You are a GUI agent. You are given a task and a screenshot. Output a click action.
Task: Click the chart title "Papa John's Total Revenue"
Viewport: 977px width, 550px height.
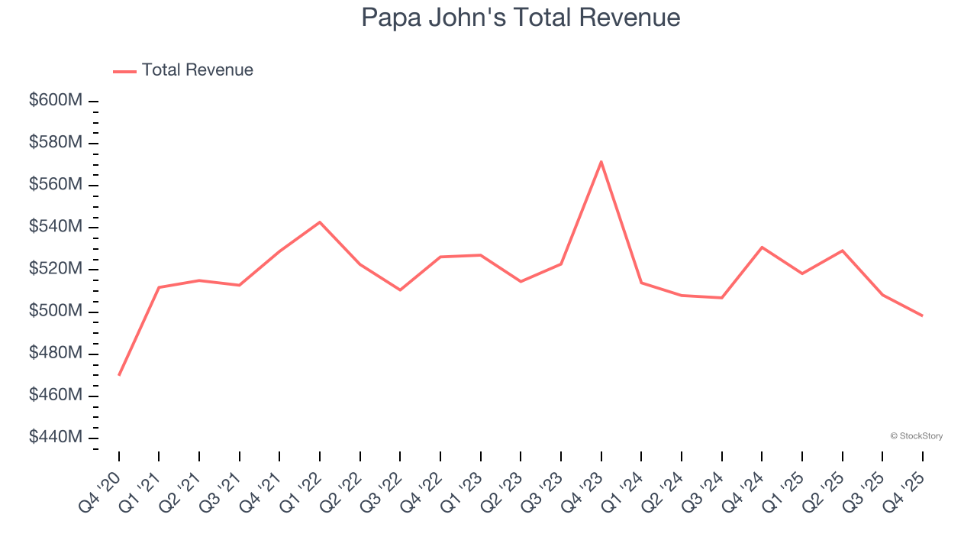(521, 17)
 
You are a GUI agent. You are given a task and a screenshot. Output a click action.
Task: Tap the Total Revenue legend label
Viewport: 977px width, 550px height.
(197, 70)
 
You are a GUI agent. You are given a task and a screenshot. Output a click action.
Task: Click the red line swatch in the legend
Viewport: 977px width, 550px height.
(124, 71)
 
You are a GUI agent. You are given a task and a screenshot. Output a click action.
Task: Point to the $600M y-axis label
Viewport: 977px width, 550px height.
(56, 101)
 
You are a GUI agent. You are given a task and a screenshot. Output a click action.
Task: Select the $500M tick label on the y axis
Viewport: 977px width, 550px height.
(56, 312)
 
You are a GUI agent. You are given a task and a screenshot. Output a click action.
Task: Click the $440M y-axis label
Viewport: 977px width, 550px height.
(56, 438)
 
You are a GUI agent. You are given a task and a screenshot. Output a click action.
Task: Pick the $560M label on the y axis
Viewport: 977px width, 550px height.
(56, 185)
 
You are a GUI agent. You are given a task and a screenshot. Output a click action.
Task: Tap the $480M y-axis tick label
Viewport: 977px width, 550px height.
(56, 354)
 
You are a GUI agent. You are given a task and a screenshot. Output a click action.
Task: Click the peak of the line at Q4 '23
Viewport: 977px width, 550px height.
(601, 161)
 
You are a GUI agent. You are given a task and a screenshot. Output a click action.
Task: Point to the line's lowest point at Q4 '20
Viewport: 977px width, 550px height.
(119, 374)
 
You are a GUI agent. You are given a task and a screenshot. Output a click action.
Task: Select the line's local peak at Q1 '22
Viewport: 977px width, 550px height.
(320, 222)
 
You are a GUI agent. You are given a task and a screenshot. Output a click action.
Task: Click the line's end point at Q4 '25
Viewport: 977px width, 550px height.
(922, 315)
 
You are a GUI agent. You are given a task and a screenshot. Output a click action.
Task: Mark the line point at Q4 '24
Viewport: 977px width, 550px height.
(762, 247)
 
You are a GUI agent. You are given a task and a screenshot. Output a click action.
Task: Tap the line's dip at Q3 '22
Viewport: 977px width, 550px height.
(400, 290)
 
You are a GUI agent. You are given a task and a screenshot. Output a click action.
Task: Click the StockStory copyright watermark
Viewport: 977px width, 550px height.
(916, 436)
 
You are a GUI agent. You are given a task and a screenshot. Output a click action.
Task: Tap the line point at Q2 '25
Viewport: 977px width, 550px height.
(842, 251)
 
